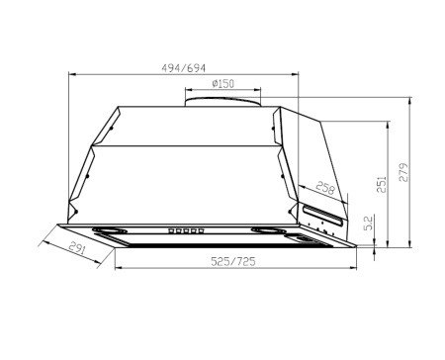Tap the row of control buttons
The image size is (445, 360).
[186, 232]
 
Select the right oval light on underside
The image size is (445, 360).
[268, 233]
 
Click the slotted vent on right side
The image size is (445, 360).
[322, 210]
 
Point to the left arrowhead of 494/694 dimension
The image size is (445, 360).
[72, 74]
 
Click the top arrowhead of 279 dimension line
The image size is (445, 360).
[411, 100]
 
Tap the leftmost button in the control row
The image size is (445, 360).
[171, 232]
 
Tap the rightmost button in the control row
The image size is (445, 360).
[202, 232]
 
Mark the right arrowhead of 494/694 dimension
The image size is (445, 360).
[295, 74]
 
